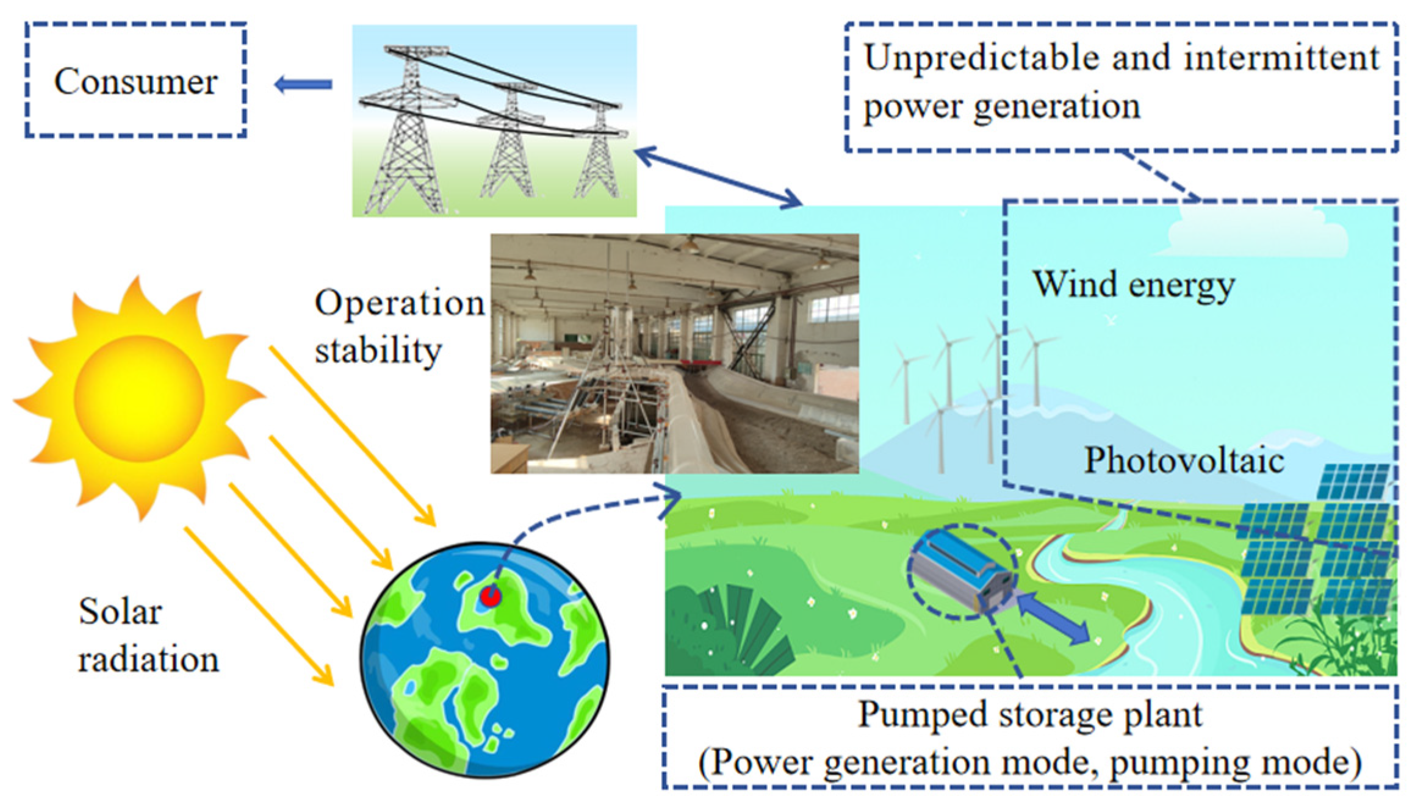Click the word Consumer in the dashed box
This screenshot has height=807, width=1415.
tap(135, 81)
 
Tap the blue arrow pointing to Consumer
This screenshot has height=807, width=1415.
tap(303, 84)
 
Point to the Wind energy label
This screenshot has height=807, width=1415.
tap(1133, 285)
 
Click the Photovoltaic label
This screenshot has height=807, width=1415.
tap(1184, 461)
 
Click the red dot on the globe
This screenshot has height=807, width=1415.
tap(490, 596)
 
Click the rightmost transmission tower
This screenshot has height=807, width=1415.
tap(598, 152)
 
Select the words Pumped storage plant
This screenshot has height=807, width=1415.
tap(1030, 714)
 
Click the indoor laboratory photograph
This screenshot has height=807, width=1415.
tap(674, 354)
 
